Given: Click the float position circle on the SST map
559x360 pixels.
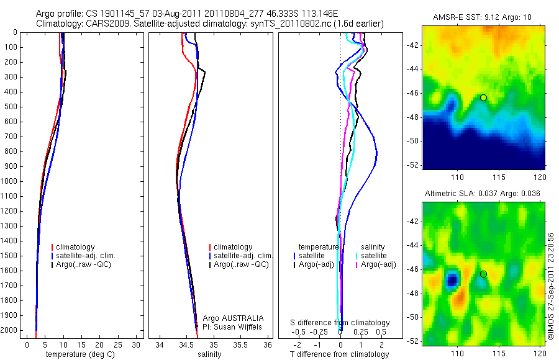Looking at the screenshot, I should point(483,97).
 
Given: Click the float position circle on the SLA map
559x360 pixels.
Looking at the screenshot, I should point(483,274).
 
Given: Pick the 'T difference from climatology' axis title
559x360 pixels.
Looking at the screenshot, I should point(339,354).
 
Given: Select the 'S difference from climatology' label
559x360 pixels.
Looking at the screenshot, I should point(340,323).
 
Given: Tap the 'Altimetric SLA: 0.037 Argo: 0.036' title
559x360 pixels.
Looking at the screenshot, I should point(483,194).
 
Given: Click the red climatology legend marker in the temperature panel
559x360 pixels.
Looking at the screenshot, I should point(54,247).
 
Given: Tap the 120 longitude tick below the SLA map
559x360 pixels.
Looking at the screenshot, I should point(539,353).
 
